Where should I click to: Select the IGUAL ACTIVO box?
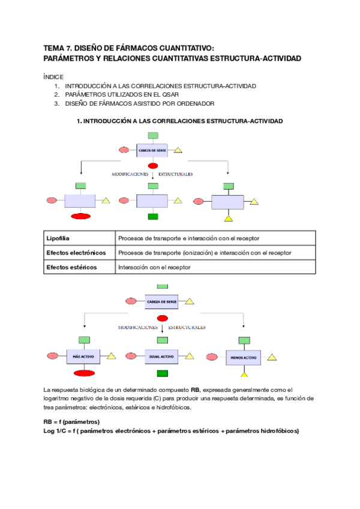pos(161,357)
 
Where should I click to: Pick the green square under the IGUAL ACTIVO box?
pos(161,373)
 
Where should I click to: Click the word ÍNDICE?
pos(53,77)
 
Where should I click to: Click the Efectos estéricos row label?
pos(71,267)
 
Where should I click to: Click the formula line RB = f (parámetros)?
pos(71,422)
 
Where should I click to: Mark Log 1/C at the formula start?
pos(57,431)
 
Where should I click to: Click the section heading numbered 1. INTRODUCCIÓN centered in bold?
pos(180,121)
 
